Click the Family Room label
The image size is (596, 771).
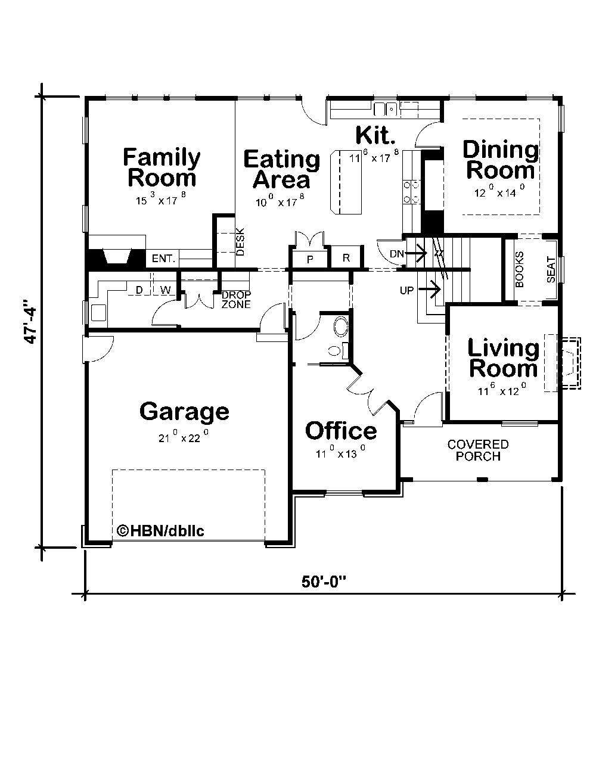162,167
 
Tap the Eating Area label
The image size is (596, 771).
281,169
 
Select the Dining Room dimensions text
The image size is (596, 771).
499,193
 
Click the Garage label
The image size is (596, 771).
184,411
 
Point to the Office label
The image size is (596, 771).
340,431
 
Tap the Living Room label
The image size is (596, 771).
503,358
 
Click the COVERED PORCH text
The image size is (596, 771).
478,450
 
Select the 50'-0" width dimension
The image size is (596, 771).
324,582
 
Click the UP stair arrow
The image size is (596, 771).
429,290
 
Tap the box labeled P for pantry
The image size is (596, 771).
310,259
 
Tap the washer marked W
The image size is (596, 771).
166,290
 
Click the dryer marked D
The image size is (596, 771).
139,290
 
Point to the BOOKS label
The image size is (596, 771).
519,270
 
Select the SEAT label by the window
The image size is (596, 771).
551,270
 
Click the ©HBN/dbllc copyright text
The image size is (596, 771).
160,530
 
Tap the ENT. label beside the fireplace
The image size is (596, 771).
163,259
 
